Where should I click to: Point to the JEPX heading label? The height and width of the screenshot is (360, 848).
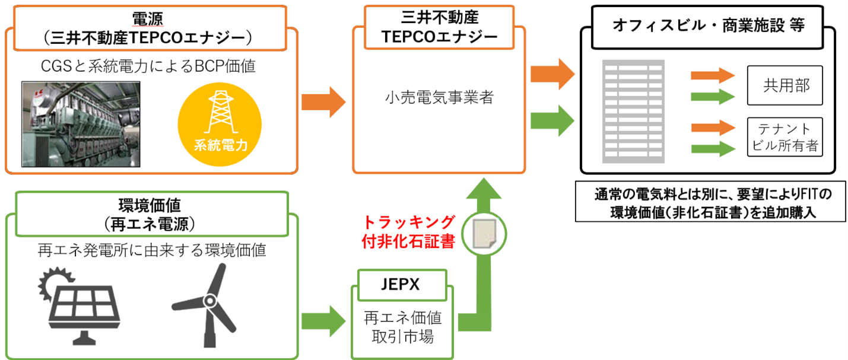tap(400, 284)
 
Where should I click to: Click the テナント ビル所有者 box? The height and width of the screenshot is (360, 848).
tap(785, 137)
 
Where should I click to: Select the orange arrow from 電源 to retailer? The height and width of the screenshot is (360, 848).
tap(323, 101)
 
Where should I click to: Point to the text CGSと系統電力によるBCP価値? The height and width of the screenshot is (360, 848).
tap(148, 66)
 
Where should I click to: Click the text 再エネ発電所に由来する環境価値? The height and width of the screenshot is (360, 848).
tap(151, 250)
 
